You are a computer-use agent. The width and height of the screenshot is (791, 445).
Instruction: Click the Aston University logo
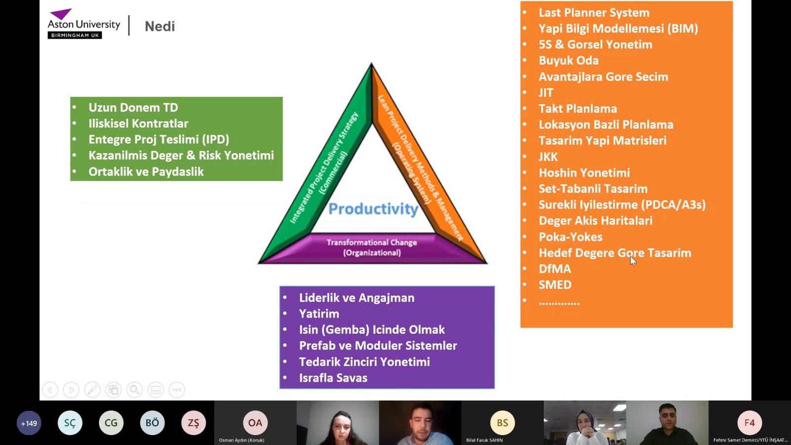click(84, 23)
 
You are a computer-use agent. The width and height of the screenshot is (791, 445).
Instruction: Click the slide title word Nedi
click(160, 26)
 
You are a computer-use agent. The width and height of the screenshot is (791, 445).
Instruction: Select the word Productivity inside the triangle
click(373, 209)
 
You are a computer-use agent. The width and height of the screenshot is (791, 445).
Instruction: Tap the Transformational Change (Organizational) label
click(372, 247)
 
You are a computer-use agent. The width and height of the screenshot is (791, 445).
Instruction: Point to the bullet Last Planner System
click(594, 13)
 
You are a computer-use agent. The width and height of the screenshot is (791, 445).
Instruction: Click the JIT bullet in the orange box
click(546, 92)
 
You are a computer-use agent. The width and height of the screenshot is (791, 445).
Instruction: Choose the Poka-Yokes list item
click(571, 237)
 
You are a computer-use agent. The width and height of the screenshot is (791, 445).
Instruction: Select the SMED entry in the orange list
click(555, 285)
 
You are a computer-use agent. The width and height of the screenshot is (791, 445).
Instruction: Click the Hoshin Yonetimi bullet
click(584, 173)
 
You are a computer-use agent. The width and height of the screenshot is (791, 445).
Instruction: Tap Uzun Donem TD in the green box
click(133, 107)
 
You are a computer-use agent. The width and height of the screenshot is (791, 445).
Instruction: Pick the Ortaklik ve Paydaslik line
click(146, 172)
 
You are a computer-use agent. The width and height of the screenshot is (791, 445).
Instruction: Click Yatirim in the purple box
click(319, 313)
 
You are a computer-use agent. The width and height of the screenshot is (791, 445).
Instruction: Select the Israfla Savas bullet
click(333, 378)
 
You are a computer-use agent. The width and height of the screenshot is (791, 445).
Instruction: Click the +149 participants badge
click(29, 423)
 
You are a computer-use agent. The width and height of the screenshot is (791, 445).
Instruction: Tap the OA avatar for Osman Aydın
click(255, 422)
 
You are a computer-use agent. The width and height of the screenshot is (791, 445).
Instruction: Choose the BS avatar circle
click(502, 422)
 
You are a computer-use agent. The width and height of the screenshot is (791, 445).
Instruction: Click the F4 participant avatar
click(749, 422)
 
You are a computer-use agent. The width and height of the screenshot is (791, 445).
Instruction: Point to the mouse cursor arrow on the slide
click(633, 261)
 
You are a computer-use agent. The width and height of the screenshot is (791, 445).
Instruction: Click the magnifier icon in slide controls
click(134, 390)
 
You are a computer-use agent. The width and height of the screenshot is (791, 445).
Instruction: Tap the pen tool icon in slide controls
click(92, 390)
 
